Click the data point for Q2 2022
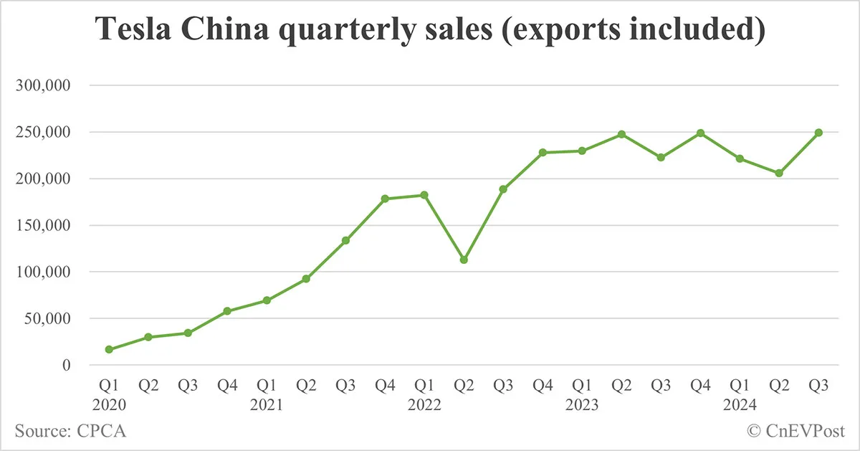click(464, 260)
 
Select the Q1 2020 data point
click(109, 349)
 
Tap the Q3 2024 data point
click(818, 133)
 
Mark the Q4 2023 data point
click(700, 133)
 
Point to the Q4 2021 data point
click(385, 199)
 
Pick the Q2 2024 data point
click(779, 173)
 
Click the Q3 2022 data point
click(503, 189)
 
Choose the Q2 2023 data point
click(621, 134)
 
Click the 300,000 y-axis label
click(44, 86)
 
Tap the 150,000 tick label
click(44, 226)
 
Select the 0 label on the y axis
click(67, 366)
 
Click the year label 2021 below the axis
click(267, 405)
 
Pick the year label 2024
click(740, 405)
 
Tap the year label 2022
click(424, 405)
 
